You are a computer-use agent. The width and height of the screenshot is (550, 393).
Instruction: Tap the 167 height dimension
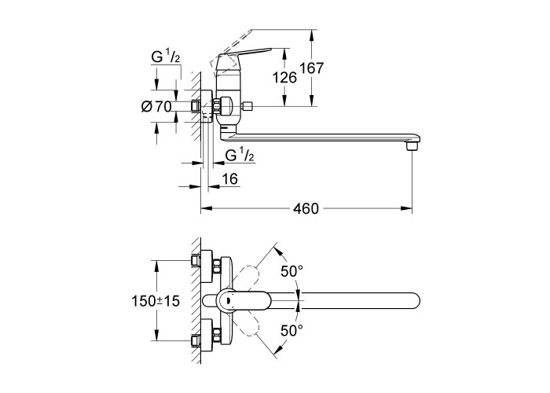[x=312, y=68]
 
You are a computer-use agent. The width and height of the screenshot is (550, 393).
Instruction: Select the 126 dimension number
[x=284, y=77]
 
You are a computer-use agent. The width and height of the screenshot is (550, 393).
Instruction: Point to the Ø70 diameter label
[x=156, y=107]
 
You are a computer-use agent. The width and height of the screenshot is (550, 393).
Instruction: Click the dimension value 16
[x=229, y=180]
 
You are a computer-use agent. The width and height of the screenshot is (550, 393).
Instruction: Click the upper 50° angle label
[x=292, y=271]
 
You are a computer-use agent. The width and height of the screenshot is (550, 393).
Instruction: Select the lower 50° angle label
[x=292, y=330]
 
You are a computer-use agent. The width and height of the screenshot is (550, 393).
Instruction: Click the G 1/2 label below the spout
[x=240, y=154]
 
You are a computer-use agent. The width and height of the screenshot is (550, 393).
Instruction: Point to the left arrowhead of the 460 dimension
[x=206, y=209]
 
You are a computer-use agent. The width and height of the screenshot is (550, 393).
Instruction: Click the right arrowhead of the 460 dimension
[x=409, y=209]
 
